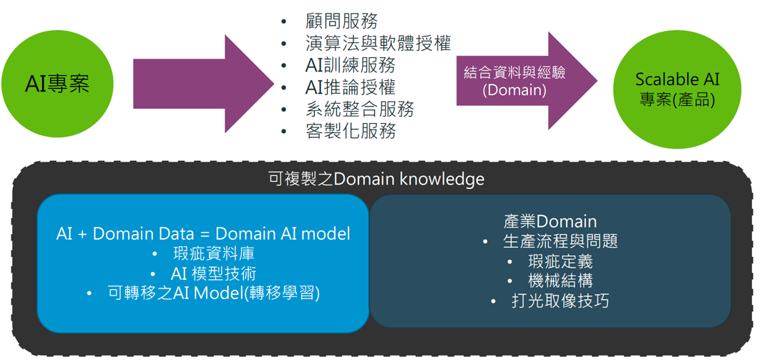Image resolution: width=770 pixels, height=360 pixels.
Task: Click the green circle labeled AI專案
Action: click(x=57, y=84)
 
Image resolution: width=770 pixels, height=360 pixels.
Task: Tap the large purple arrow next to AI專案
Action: click(x=203, y=84)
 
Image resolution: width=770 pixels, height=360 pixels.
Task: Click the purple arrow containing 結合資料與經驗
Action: click(x=527, y=81)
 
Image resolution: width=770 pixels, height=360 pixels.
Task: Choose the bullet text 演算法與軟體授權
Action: click(x=378, y=44)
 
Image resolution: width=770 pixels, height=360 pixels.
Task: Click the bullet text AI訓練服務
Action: click(x=350, y=65)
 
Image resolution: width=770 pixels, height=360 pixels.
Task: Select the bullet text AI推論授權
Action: click(x=350, y=87)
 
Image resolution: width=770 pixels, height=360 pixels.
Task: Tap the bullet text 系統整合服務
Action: click(x=359, y=109)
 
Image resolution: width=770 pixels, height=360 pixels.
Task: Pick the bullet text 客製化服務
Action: click(x=350, y=131)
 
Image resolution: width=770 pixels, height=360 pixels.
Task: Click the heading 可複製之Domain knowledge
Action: click(x=376, y=179)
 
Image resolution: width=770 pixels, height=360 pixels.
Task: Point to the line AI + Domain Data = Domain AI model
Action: click(x=203, y=234)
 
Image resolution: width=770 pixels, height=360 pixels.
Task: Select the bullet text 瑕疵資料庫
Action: click(x=214, y=254)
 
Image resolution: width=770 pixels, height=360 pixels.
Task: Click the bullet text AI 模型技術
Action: click(x=213, y=273)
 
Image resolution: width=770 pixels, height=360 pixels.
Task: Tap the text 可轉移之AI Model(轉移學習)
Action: click(x=214, y=293)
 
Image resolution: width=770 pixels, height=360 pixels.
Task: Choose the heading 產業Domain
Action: click(x=550, y=222)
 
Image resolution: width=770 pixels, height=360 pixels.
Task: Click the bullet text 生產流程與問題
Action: click(x=560, y=242)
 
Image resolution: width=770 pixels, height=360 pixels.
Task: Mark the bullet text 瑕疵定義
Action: click(x=560, y=261)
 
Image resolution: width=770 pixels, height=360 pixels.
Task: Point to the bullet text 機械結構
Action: click(x=560, y=281)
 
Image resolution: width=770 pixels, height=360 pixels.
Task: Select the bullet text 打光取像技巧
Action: click(x=560, y=301)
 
